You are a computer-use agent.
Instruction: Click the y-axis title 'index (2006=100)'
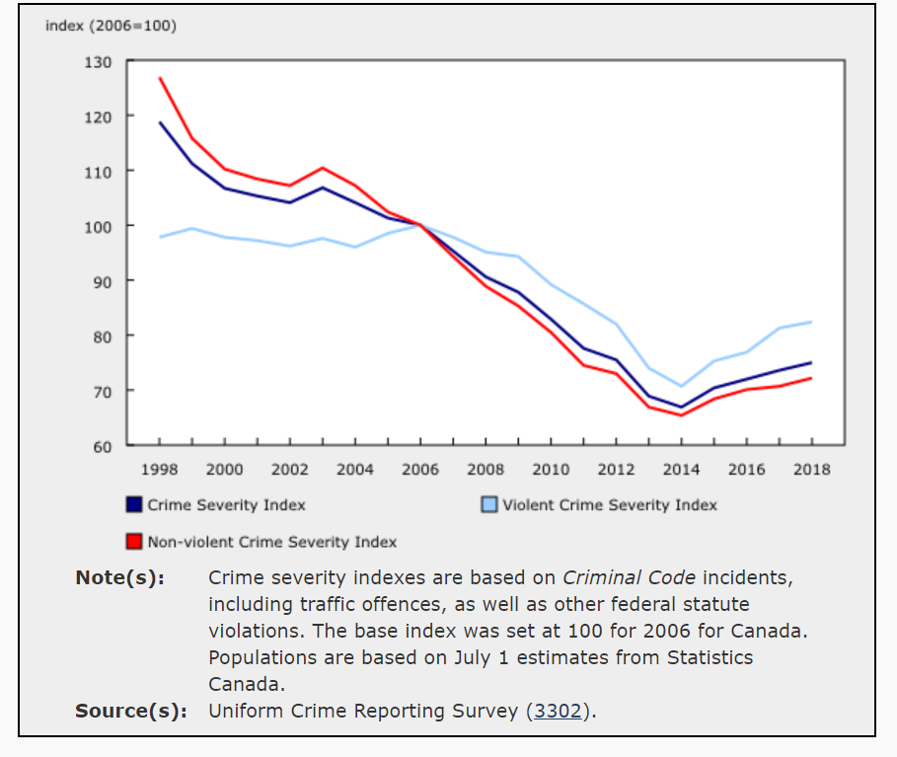tap(111, 26)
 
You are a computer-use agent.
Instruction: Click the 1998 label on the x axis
tap(160, 470)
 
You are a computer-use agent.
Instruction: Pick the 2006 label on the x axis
tap(420, 470)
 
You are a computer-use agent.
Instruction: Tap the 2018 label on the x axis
tap(811, 470)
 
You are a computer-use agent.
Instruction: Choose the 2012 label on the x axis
tap(616, 470)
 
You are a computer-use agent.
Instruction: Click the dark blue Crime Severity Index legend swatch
tap(135, 504)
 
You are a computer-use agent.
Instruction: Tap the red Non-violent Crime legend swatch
tap(135, 541)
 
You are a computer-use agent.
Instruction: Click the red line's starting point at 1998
tap(160, 78)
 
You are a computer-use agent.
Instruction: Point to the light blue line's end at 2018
tap(811, 322)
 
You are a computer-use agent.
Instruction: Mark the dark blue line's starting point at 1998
tap(160, 122)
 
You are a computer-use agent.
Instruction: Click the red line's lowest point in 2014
tap(681, 415)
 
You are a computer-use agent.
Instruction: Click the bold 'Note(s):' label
tap(119, 577)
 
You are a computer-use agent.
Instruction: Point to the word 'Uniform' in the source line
tap(241, 711)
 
